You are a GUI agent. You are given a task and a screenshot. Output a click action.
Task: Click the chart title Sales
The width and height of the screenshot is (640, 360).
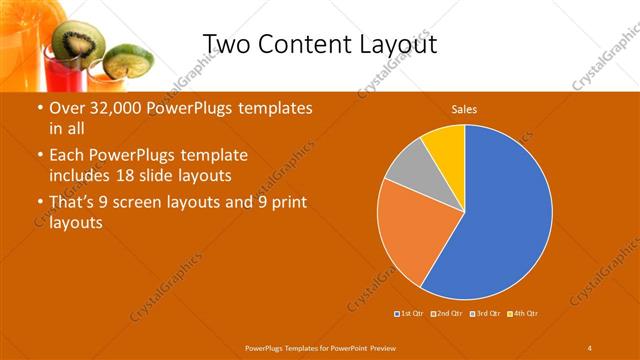tap(463, 108)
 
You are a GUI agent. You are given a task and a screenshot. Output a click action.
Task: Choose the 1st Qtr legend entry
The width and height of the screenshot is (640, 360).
tap(409, 314)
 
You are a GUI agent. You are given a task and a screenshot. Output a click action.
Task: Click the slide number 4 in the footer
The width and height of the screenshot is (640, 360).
tap(590, 347)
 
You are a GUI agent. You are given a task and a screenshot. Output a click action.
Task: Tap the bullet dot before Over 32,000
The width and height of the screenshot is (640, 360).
tap(39, 108)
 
